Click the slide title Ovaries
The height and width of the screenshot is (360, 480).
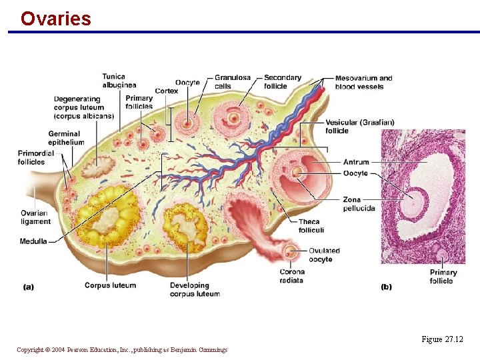[55, 19]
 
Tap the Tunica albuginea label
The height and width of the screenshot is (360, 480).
[119, 81]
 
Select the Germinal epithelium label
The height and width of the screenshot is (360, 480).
[66, 138]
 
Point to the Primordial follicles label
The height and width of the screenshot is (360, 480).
[31, 157]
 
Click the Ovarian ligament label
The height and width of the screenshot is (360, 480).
[35, 217]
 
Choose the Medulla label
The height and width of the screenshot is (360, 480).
[33, 241]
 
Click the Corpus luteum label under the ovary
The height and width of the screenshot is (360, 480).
[110, 285]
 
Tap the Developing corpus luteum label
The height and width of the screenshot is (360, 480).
[195, 289]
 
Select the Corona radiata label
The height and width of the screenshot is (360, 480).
[292, 276]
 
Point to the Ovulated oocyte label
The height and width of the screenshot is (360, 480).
[324, 255]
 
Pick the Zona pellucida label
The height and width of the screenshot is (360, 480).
[359, 204]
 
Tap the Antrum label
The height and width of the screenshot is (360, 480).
[356, 162]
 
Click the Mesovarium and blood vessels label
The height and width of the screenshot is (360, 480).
[363, 82]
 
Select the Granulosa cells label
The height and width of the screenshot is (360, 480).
[233, 81]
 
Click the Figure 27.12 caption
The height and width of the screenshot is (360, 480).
[442, 339]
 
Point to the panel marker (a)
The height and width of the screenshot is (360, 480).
[29, 287]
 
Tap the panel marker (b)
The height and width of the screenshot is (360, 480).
[386, 287]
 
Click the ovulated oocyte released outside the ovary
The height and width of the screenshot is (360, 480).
[291, 252]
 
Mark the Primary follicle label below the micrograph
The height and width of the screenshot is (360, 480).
[443, 277]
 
